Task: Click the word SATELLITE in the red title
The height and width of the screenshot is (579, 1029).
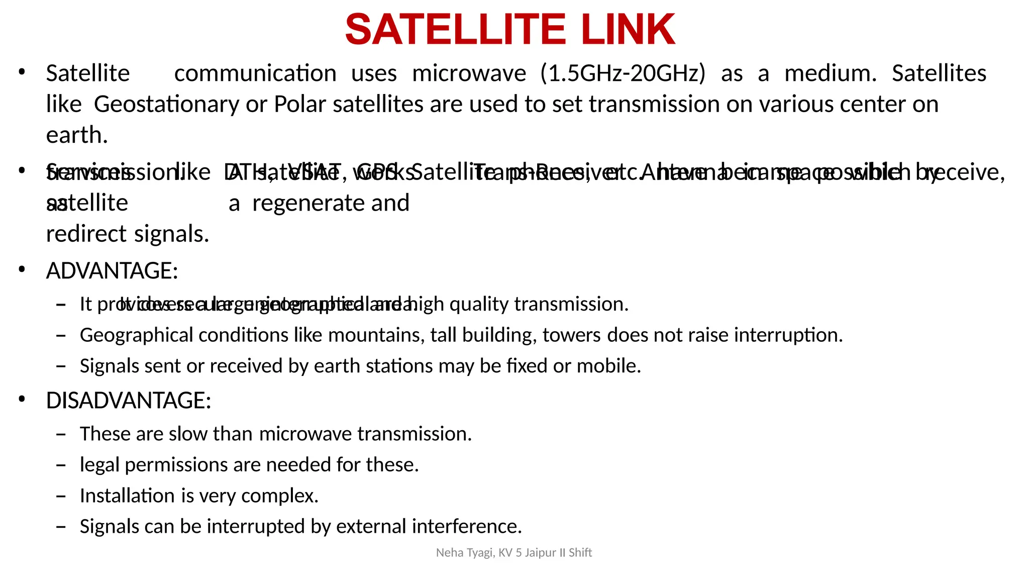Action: (x=455, y=30)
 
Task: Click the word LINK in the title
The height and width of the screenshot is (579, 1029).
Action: (x=628, y=30)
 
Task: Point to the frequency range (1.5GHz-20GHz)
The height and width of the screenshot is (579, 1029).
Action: (x=623, y=73)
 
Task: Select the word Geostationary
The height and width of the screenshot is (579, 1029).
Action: (x=166, y=105)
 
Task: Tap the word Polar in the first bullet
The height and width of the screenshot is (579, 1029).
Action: (x=300, y=105)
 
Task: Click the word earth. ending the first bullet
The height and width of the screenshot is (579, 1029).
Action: (x=77, y=135)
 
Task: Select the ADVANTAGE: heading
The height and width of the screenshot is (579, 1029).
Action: (x=112, y=271)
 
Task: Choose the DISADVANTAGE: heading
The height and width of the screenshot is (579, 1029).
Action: (x=129, y=401)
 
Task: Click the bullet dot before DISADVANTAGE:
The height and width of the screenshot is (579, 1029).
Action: (x=22, y=400)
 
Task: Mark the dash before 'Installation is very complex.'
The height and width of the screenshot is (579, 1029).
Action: (x=61, y=496)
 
